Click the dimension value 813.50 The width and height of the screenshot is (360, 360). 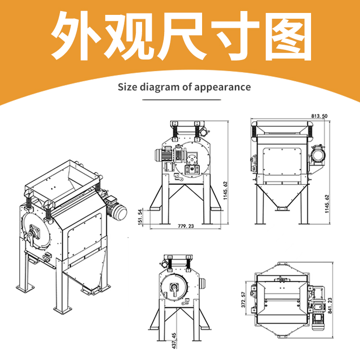tap(319, 116)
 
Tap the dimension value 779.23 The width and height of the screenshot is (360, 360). tap(186, 226)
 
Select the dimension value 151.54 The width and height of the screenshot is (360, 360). tap(141, 217)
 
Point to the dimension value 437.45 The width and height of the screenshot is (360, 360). tap(174, 341)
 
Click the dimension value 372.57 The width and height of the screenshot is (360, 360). tap(244, 300)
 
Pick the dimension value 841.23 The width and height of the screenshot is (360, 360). tap(330, 306)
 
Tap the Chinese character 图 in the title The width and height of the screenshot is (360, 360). tap(288, 36)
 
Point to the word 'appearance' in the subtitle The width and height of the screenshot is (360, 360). tap(222, 88)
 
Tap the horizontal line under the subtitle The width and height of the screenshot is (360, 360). tap(181, 100)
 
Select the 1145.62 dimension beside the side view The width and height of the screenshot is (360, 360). tap(327, 204)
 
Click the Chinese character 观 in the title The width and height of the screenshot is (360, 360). tap(128, 36)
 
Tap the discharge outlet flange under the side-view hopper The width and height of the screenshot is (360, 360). tap(282, 208)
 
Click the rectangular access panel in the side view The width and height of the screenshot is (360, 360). tap(282, 161)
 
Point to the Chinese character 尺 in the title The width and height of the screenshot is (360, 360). tap(181, 36)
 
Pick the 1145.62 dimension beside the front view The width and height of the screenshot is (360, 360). tap(225, 191)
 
